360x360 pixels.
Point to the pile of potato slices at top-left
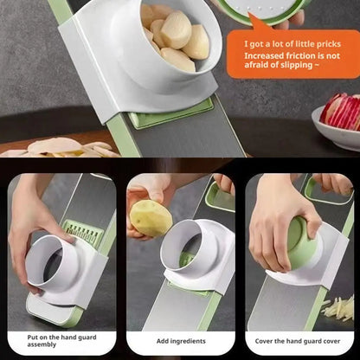61,148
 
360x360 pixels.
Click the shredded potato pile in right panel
340,307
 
